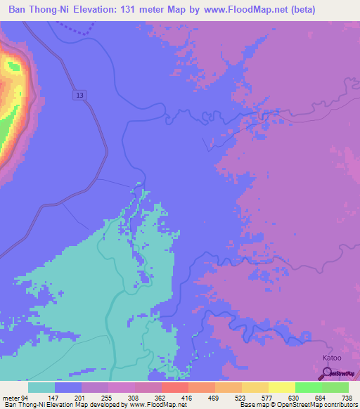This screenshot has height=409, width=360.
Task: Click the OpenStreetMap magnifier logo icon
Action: click(x=326, y=375)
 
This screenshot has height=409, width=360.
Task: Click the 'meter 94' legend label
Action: click(x=15, y=398)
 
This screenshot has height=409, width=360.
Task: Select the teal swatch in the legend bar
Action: click(x=41, y=387)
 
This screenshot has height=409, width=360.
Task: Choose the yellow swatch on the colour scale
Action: click(x=281, y=387)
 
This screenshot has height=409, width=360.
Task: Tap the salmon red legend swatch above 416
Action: click(x=174, y=387)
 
